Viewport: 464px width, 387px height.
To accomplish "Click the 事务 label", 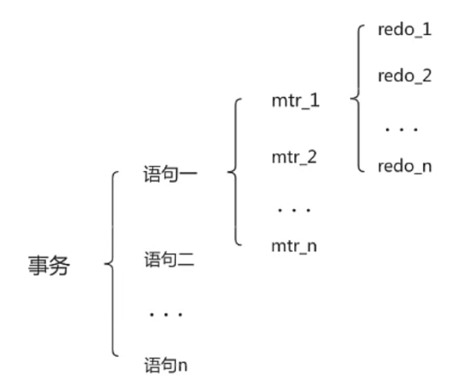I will point(48,265).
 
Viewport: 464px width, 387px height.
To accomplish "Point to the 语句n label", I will point(166,364).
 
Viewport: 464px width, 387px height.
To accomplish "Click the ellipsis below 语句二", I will point(166,314).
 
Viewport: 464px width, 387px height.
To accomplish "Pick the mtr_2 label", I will point(294,156).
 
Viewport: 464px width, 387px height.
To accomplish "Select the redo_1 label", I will point(404,31).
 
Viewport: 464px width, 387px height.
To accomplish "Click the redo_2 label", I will point(404,76).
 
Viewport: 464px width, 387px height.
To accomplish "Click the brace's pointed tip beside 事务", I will point(104,265).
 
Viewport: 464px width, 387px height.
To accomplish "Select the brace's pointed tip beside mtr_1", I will point(351,100).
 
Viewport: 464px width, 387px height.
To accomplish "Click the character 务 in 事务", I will point(59,265).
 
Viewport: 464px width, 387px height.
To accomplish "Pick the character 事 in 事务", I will point(37,265).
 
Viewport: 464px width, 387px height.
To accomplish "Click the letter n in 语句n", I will point(183,365).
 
